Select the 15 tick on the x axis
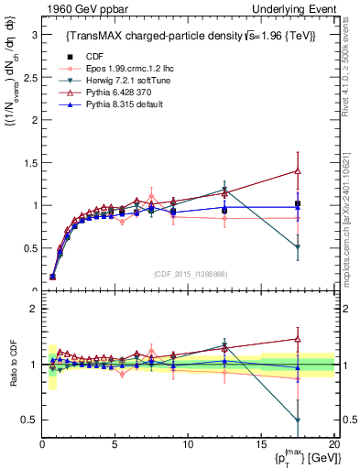261,444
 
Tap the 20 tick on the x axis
333,444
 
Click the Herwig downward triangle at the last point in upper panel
297,247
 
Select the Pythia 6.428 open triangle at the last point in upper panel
297,170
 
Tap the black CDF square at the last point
297,203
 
